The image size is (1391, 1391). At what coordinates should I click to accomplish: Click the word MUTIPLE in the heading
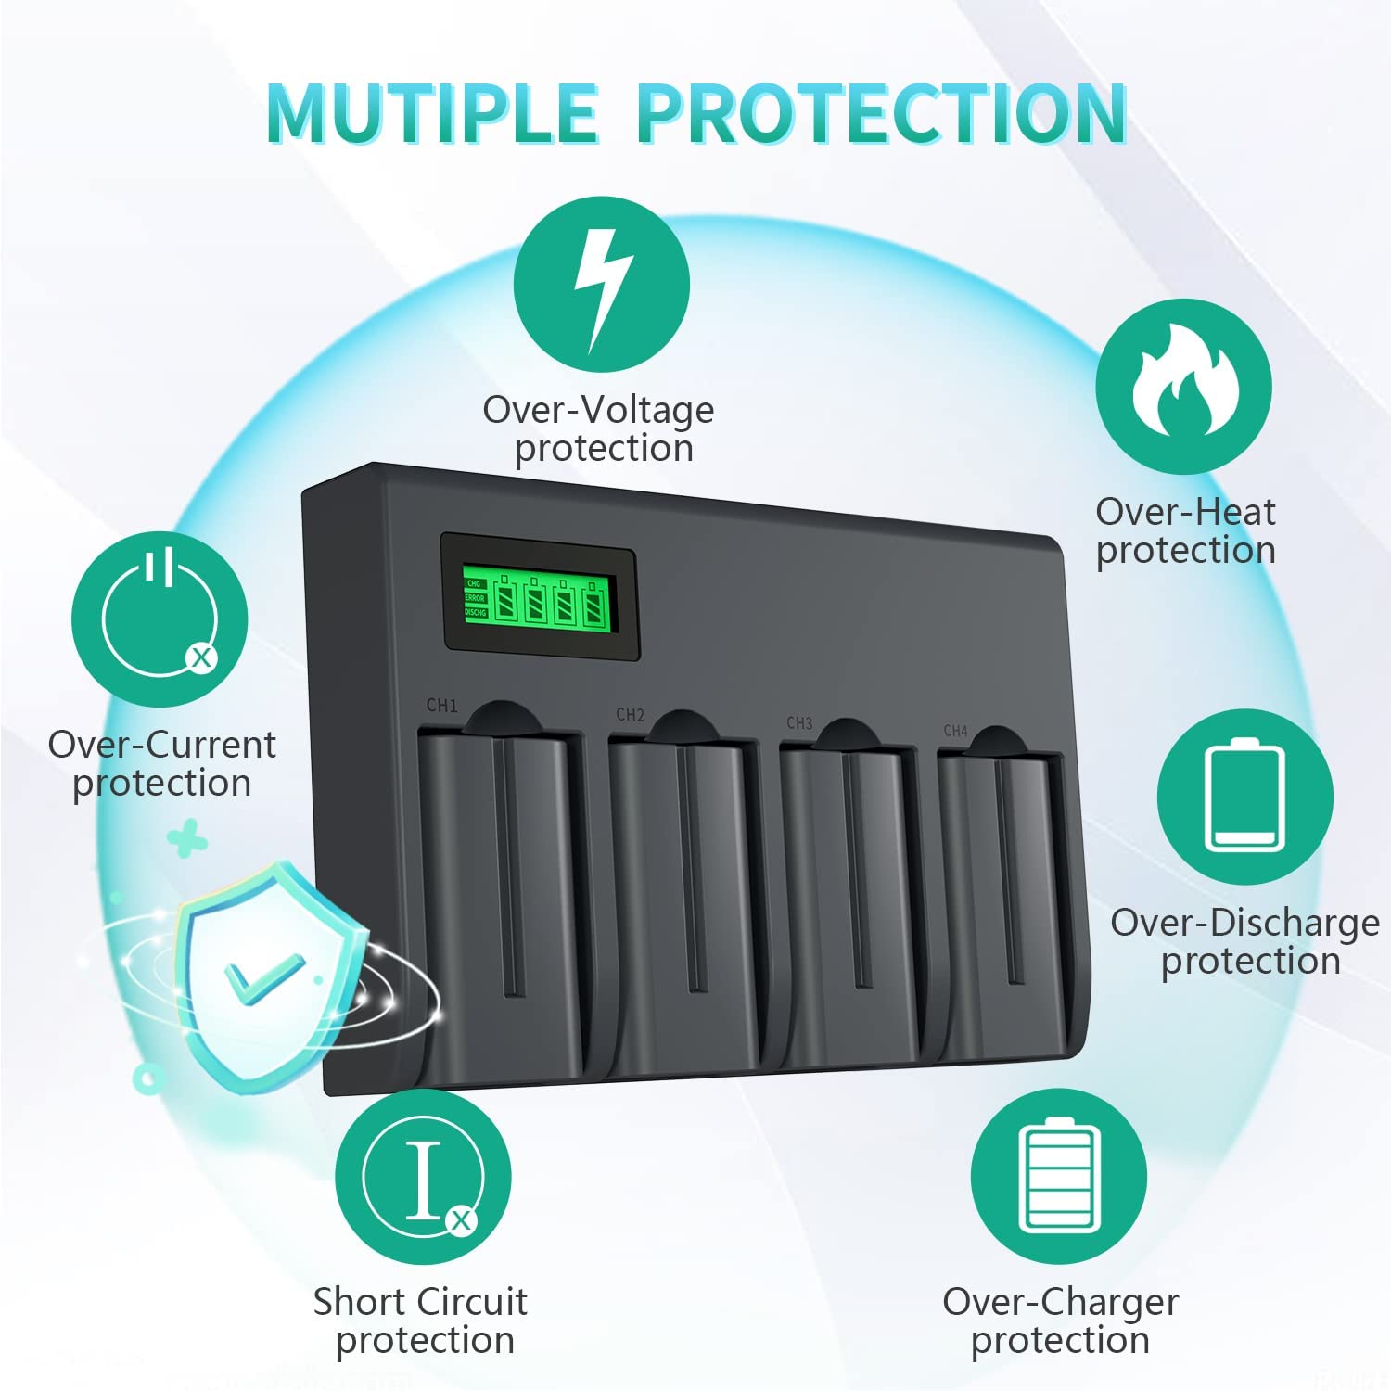431,114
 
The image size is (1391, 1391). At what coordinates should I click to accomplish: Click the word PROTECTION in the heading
881,114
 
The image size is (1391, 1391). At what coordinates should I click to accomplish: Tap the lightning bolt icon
602,285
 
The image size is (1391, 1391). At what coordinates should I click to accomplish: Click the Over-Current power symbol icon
160,619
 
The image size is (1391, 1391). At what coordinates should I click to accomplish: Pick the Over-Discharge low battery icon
1244,797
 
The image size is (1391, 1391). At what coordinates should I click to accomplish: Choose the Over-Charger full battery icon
1059,1176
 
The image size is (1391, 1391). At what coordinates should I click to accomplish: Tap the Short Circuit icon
423,1176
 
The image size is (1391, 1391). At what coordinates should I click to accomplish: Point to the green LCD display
540,597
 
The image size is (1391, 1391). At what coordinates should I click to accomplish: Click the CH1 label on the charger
441,706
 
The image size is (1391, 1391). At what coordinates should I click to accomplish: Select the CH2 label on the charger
630,715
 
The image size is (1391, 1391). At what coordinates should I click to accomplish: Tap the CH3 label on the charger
798,723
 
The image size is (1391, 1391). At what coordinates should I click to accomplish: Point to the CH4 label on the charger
955,731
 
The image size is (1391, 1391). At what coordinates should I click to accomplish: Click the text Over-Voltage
598,410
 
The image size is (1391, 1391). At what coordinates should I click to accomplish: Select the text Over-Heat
1185,512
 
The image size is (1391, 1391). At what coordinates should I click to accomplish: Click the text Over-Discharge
1244,923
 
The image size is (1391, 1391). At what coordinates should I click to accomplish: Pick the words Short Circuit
420,1302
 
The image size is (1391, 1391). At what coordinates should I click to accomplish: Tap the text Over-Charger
1060,1302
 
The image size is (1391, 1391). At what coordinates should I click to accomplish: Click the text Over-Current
162,745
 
